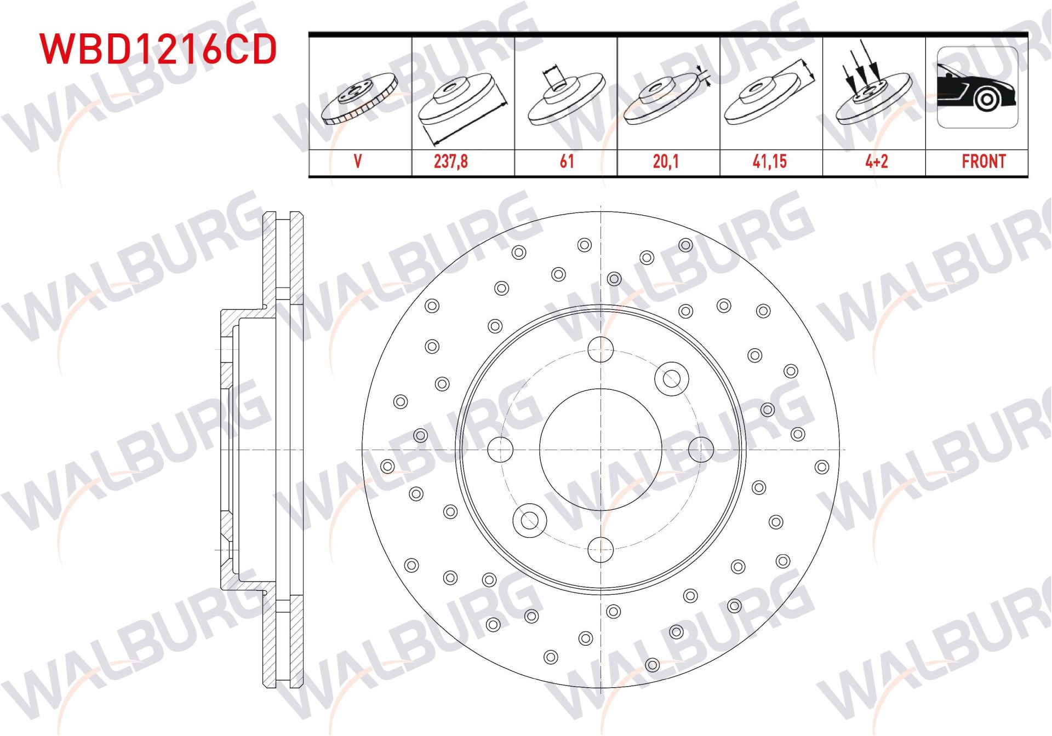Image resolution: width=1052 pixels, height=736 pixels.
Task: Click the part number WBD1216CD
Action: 158,49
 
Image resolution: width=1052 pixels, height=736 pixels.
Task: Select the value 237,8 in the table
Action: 450,162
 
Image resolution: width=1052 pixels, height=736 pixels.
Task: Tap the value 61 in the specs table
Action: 567,162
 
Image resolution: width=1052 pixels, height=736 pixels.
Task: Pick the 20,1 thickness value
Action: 666,162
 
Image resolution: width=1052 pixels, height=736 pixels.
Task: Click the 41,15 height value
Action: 769,162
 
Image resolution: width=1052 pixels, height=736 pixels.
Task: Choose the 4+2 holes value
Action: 876,162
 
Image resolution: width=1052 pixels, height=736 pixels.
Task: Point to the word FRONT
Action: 984,162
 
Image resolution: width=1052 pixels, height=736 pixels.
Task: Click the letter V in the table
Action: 358,162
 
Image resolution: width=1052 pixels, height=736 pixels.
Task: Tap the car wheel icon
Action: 977,88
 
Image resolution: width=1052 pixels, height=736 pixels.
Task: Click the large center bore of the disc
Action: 601,449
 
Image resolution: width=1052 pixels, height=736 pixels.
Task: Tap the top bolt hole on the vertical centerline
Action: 601,349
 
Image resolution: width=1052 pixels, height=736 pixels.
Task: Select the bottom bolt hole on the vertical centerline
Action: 601,549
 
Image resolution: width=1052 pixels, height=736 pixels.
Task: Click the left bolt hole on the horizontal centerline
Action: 500,449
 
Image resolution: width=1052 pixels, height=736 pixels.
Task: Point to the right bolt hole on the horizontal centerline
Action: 701,449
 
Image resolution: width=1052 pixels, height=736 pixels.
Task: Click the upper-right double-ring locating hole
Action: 671,378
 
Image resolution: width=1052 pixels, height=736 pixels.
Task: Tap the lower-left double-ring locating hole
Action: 529,520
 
